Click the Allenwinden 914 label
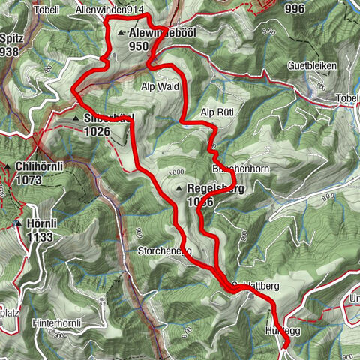coord(109,9)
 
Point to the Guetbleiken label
coord(313,66)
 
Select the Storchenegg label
coord(164,250)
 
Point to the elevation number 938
coord(10,51)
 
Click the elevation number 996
coord(295,8)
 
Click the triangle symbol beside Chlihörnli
coord(7,166)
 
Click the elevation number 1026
coord(97,131)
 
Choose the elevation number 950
coord(139,46)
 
